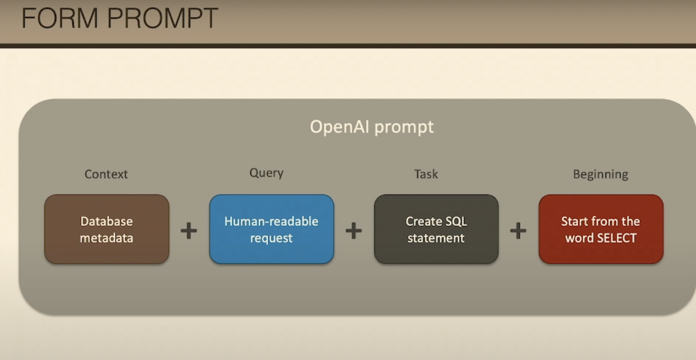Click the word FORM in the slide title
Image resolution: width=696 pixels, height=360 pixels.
click(59, 18)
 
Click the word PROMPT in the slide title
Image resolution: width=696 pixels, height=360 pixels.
click(162, 18)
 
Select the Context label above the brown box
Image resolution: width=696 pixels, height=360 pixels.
click(106, 175)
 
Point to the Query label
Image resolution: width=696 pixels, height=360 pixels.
click(266, 173)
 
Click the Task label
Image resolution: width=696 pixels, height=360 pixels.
click(426, 175)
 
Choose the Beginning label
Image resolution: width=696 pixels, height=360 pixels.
click(601, 175)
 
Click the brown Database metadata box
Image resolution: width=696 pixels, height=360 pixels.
click(106, 229)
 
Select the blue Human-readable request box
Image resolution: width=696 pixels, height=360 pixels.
click(272, 229)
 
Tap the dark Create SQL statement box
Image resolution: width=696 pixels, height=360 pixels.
click(436, 229)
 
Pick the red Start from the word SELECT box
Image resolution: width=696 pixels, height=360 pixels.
click(601, 229)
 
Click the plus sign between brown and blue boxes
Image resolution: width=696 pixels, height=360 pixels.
click(189, 231)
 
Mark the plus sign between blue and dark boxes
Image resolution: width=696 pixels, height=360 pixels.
click(354, 231)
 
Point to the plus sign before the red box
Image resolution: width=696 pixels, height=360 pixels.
click(518, 231)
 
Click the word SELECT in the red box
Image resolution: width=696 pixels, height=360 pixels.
click(617, 238)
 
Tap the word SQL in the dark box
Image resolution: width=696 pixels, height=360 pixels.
click(456, 222)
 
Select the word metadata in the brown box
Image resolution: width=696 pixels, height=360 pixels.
click(106, 238)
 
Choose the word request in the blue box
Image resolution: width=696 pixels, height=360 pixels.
click(272, 238)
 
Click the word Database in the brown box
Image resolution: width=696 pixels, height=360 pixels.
click(106, 222)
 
